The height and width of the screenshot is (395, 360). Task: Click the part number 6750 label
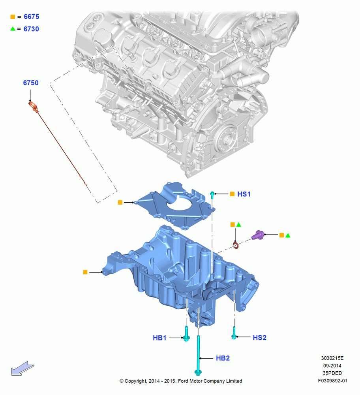point(31,83)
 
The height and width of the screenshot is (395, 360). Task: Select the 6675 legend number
point(32,17)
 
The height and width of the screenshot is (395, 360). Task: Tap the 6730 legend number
point(31,29)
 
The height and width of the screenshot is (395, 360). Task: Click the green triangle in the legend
point(13,29)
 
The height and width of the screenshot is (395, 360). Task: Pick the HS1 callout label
point(244,194)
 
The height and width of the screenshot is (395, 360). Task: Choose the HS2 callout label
point(260,338)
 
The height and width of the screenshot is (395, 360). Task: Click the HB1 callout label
point(159,338)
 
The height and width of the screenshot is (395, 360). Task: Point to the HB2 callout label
point(223,358)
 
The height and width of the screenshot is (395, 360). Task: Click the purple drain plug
point(258,235)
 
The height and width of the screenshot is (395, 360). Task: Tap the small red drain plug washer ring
point(236,245)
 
